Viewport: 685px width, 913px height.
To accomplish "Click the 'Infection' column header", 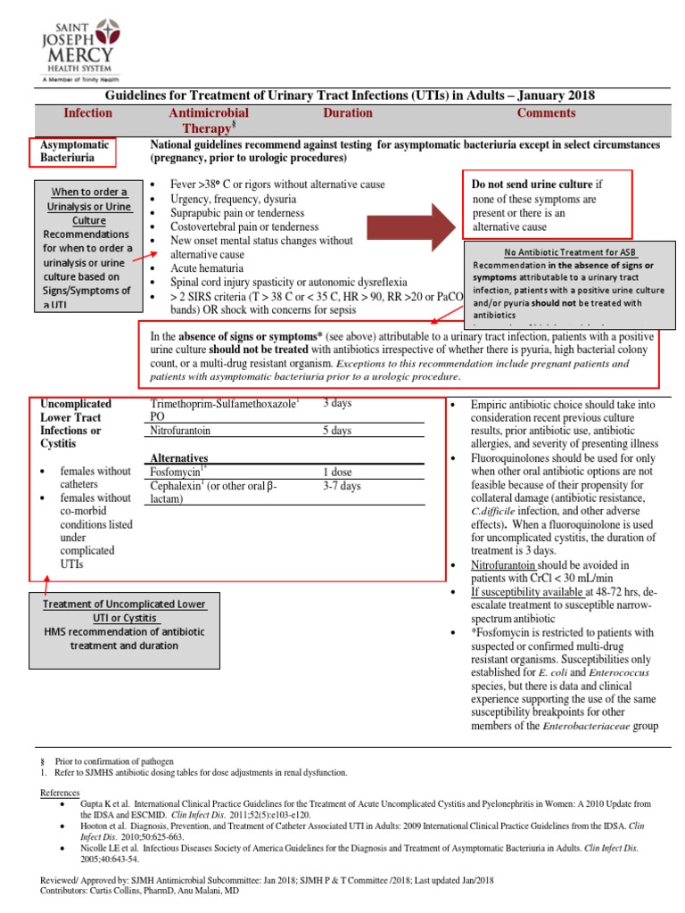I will point(87,113).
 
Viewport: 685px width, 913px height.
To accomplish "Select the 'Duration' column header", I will point(348,113).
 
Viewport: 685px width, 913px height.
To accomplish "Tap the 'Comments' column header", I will point(546,113).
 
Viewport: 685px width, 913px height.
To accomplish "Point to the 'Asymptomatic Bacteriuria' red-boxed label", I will point(75,152).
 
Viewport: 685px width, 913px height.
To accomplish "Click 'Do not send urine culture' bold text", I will point(532,184).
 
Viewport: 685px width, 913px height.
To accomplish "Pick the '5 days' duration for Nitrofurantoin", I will point(338,432).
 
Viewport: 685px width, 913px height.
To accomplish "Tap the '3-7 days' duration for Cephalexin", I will point(342,487).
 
